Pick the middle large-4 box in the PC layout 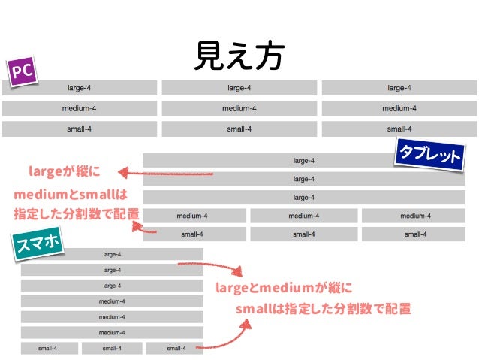pyautogui.click(x=239, y=88)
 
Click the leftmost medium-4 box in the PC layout pyautogui.click(x=79, y=108)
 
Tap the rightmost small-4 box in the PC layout pyautogui.click(x=399, y=129)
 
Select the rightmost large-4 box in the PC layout pyautogui.click(x=399, y=88)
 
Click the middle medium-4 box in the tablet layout pyautogui.click(x=303, y=216)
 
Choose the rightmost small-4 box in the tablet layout pyautogui.click(x=415, y=234)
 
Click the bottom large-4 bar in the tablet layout pyautogui.click(x=303, y=198)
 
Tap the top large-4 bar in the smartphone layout pyautogui.click(x=112, y=254)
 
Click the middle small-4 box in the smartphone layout pyautogui.click(x=112, y=348)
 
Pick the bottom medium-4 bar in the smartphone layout pyautogui.click(x=112, y=332)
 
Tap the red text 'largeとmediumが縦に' pyautogui.click(x=284, y=288)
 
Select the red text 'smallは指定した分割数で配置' pyautogui.click(x=323, y=309)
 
